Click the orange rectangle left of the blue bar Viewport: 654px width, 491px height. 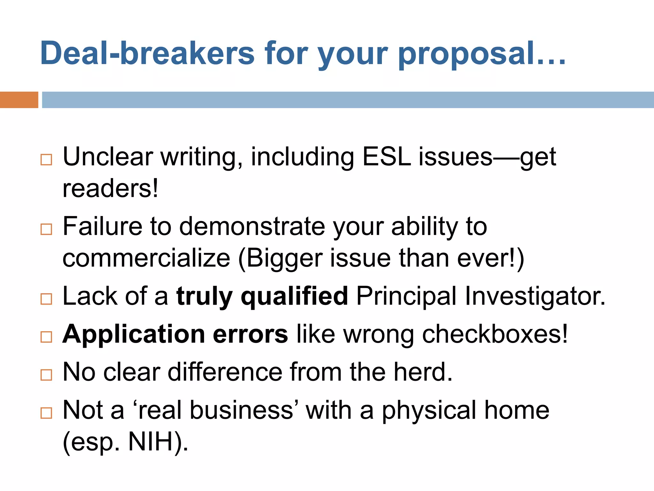click(x=19, y=100)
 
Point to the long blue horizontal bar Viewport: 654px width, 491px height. click(x=348, y=100)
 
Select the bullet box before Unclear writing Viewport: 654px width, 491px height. click(x=46, y=160)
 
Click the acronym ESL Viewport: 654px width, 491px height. click(x=387, y=157)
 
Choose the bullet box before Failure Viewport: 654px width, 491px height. click(x=46, y=229)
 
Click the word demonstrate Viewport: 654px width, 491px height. click(x=253, y=226)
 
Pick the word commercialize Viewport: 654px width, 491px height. click(x=146, y=258)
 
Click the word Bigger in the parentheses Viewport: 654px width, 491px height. click(x=284, y=258)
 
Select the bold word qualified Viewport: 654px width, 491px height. click(x=294, y=296)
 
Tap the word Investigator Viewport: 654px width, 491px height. click(x=535, y=296)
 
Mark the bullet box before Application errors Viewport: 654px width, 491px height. click(x=46, y=337)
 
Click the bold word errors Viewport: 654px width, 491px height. click(x=250, y=334)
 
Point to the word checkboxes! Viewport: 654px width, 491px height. click(x=495, y=334)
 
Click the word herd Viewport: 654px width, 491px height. click(x=423, y=372)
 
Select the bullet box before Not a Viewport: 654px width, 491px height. click(x=46, y=413)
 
